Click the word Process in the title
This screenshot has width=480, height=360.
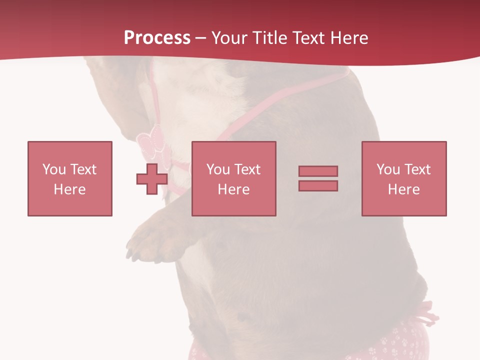(157, 38)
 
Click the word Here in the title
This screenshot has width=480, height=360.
(350, 38)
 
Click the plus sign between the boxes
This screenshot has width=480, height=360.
(152, 179)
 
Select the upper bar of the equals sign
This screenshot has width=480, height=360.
(318, 171)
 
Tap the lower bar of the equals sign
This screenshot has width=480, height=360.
(318, 186)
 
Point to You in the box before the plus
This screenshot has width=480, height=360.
(53, 169)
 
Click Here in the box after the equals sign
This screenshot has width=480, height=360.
(403, 189)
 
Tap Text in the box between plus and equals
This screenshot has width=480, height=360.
(247, 169)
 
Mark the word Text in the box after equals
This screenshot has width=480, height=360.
(417, 169)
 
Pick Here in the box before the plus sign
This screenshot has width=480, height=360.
(69, 189)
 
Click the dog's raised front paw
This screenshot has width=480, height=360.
(150, 240)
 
